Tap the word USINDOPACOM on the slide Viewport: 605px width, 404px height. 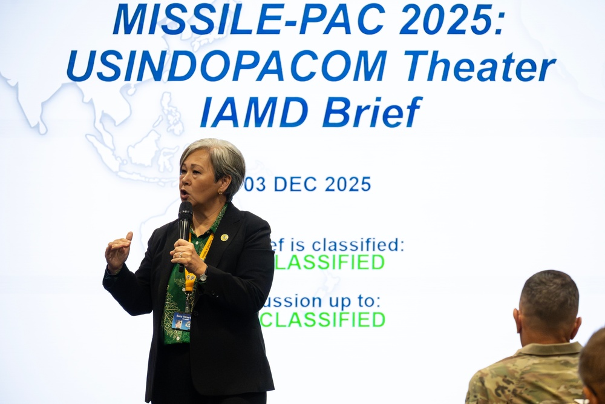click(x=227, y=66)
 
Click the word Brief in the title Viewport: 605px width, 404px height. click(x=372, y=112)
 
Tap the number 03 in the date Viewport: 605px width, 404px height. click(x=255, y=184)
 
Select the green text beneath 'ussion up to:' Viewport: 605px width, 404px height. click(x=322, y=319)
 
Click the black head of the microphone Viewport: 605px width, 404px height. click(x=185, y=210)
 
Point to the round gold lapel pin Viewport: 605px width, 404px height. click(x=224, y=237)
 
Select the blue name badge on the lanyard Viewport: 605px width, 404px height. click(x=181, y=320)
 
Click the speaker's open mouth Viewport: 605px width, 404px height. click(x=184, y=194)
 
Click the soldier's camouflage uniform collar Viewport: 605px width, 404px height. click(x=548, y=349)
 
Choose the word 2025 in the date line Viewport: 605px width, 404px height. click(x=348, y=184)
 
